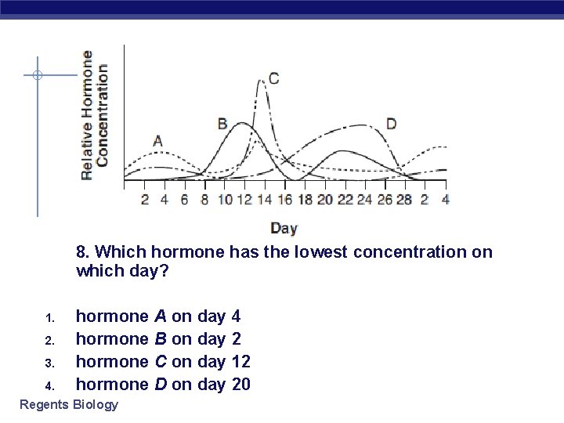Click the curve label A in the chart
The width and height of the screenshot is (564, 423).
157,141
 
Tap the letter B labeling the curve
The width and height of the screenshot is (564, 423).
222,124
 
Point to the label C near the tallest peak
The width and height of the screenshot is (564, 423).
273,78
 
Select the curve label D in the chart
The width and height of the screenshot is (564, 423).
391,124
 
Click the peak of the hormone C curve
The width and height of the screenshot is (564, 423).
262,81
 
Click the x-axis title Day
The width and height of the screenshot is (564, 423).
284,228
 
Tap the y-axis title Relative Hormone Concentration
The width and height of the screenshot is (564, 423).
95,114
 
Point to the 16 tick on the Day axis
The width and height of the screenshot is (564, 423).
284,200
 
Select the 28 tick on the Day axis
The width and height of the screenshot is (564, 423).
404,200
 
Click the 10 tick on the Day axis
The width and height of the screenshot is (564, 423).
225,200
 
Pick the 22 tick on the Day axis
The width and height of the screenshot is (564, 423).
345,200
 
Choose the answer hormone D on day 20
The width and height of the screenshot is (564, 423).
163,384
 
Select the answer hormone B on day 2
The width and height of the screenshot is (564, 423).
158,339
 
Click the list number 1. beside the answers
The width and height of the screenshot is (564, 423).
49,318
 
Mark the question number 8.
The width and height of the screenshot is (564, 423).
82,251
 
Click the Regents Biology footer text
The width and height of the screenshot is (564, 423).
69,404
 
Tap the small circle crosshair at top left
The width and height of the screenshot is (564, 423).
37,76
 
